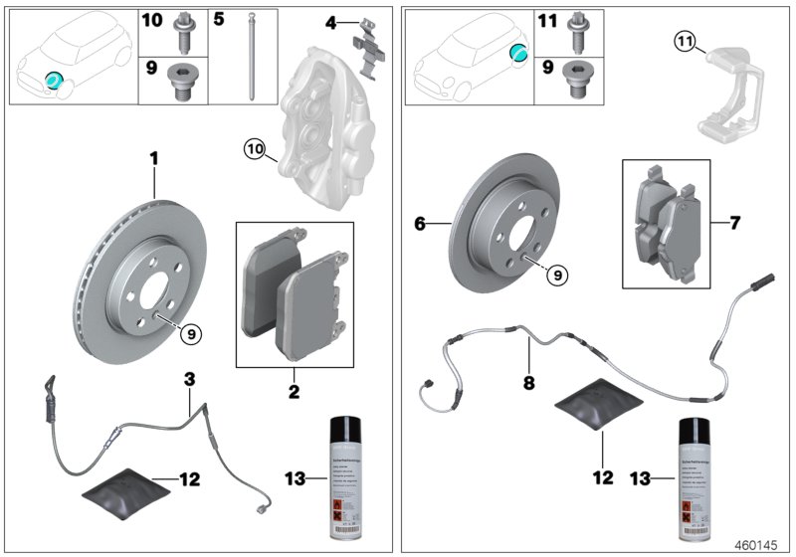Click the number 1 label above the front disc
[154, 158]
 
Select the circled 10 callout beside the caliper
[255, 150]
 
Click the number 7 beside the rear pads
[734, 223]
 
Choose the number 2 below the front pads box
[294, 393]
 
